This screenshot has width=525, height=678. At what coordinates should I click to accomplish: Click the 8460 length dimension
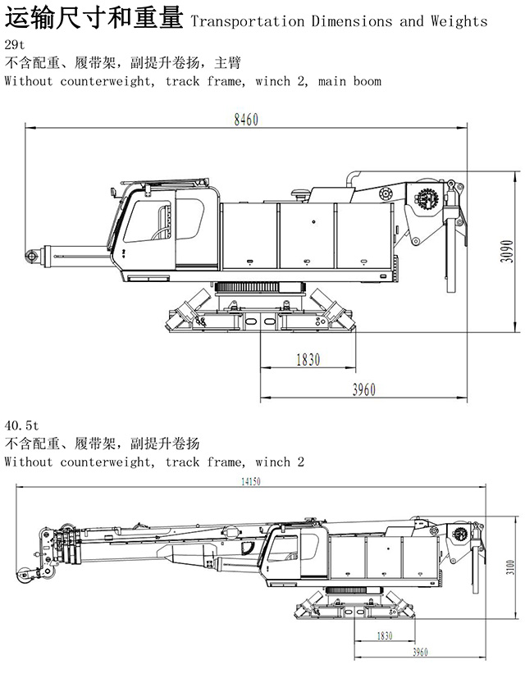245,120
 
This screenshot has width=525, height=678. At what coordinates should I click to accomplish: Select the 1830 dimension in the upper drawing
308,359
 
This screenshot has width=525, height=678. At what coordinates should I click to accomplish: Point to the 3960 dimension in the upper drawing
363,390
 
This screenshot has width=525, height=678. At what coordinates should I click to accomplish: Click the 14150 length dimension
250,482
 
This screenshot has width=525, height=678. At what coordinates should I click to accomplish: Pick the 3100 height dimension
509,567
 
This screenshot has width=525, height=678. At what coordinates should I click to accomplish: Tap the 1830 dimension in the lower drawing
384,635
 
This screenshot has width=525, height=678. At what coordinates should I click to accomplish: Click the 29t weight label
14,44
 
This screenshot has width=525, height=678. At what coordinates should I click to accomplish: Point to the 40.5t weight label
21,425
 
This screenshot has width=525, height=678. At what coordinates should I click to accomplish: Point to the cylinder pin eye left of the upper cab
34,257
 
